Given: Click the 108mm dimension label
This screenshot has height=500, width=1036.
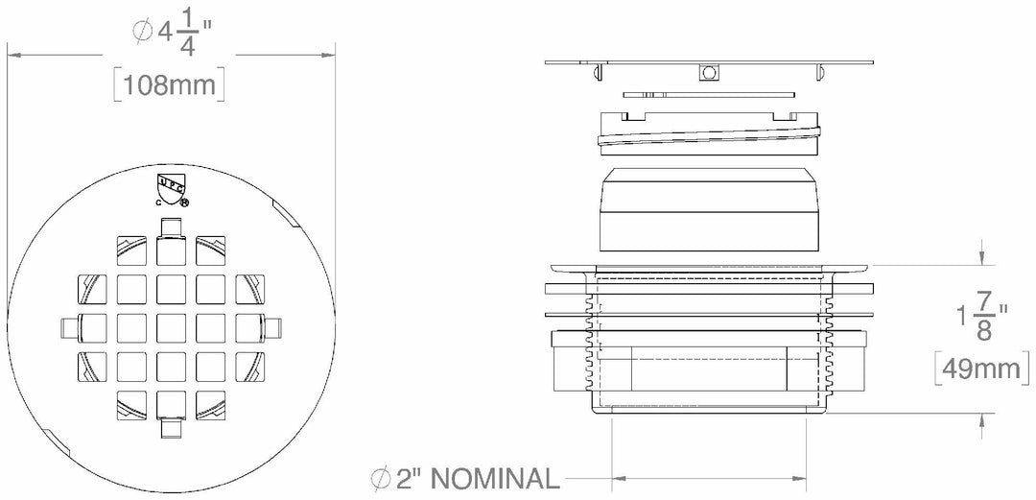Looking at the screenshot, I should tap(169, 86).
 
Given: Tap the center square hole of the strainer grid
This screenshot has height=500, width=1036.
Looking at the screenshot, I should tap(170, 323).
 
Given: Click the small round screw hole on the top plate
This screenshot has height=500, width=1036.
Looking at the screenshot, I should tap(710, 73).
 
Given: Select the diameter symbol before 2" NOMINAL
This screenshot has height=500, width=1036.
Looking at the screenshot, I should tap(380, 478).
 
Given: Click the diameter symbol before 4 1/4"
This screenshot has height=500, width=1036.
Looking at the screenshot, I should tap(141, 31).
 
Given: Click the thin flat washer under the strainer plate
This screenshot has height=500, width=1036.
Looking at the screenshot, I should tap(710, 94).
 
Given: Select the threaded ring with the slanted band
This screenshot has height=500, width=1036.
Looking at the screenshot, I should tap(710, 134).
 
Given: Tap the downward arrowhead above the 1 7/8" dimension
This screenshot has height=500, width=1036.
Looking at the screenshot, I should tap(981, 258).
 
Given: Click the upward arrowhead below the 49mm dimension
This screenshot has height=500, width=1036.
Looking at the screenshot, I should tap(981, 418).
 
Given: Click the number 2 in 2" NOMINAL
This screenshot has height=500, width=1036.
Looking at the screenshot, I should tap(404, 478).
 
